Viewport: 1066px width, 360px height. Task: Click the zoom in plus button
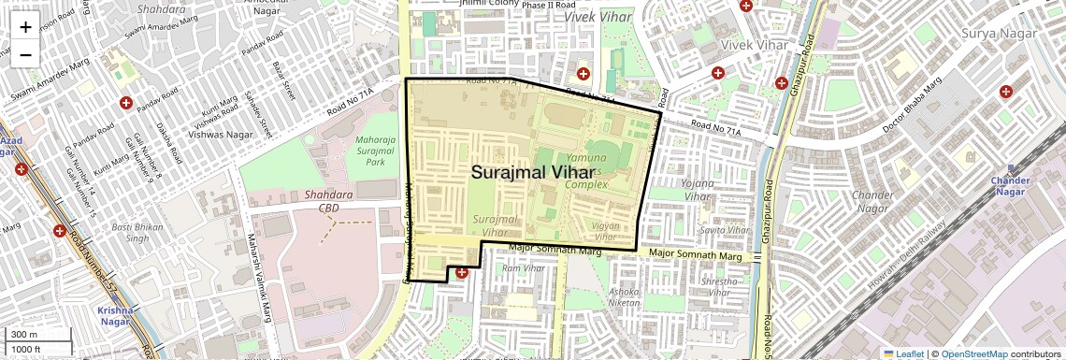pyautogui.click(x=25, y=26)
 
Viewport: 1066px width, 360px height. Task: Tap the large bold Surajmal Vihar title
pyautogui.click(x=531, y=173)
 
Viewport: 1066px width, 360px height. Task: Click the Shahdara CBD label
pyautogui.click(x=328, y=201)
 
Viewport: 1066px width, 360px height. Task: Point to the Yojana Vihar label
pyautogui.click(x=698, y=190)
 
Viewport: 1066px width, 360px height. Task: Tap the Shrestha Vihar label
pyautogui.click(x=718, y=286)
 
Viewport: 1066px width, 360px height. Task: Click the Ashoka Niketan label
pyautogui.click(x=625, y=297)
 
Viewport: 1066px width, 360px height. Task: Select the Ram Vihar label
pyautogui.click(x=523, y=269)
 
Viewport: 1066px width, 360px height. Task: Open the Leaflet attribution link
pyautogui.click(x=903, y=353)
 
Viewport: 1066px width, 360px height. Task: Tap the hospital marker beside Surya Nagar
pyautogui.click(x=1006, y=92)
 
